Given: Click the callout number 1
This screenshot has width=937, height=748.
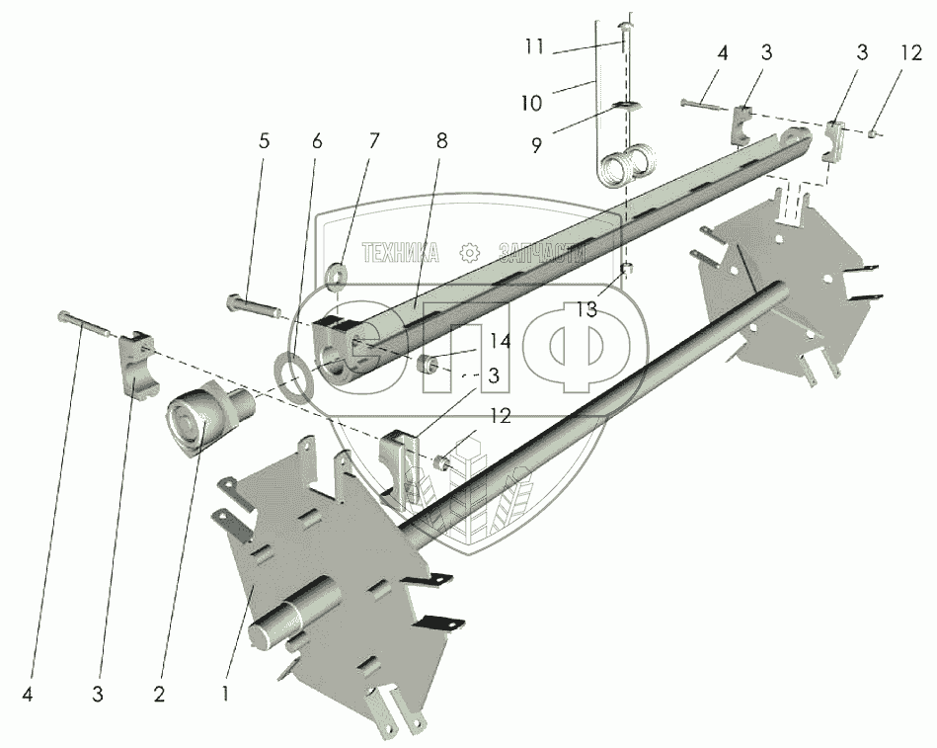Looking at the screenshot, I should coord(225,694).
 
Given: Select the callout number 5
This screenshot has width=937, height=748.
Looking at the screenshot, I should coord(264,141).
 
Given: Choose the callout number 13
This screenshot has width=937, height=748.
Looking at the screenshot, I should coord(586,310).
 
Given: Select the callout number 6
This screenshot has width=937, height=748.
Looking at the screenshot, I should coord(316,141).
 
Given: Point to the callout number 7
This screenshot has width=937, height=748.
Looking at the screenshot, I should coord(373,141).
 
